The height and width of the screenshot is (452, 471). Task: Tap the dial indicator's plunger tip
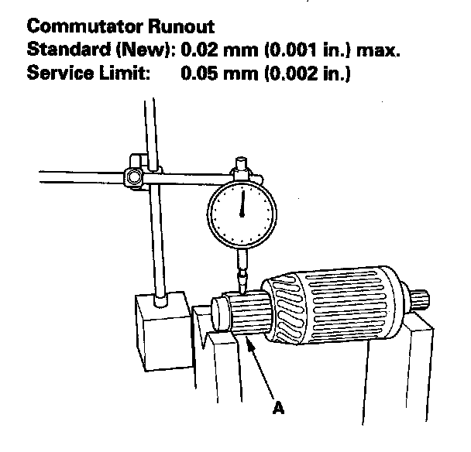point(242,287)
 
